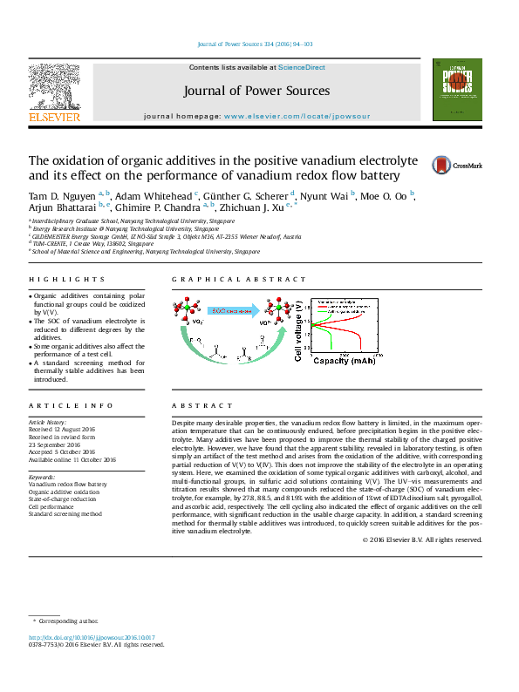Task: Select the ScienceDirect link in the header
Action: (x=302, y=68)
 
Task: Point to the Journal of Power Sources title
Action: (x=256, y=91)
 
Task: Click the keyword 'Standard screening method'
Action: (x=65, y=514)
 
